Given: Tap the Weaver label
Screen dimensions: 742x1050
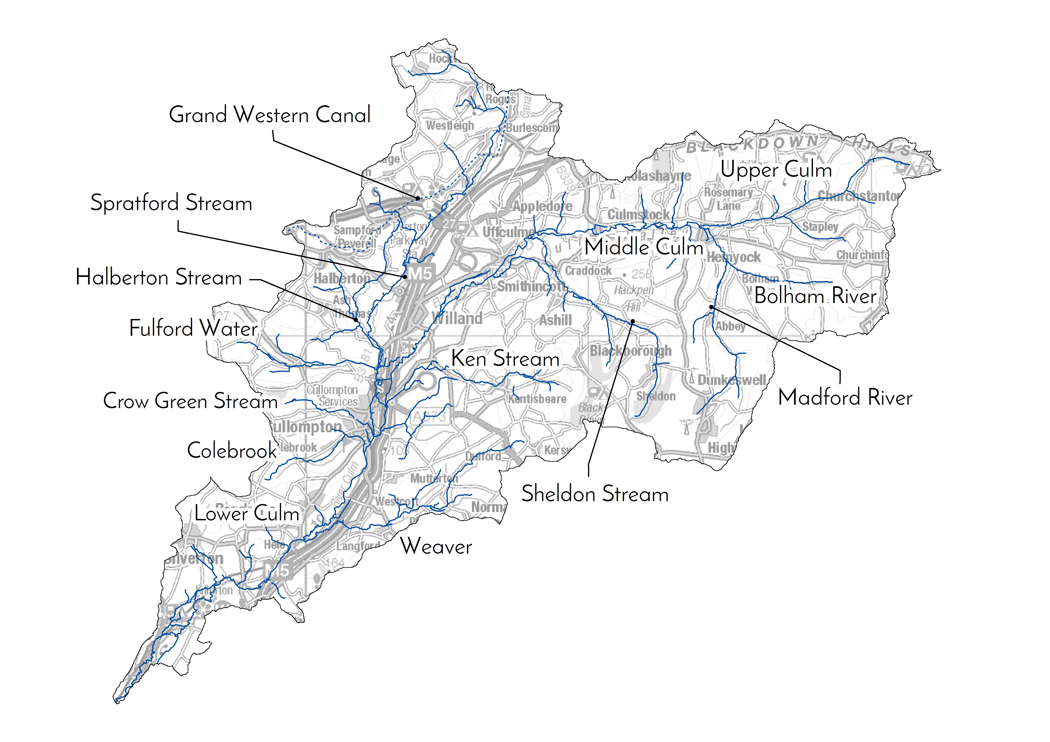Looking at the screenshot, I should (436, 546).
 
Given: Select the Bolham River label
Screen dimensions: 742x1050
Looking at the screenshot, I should (815, 296).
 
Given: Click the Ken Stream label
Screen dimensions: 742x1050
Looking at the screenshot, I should (505, 358).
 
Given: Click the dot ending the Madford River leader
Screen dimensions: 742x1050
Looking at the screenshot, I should (711, 307).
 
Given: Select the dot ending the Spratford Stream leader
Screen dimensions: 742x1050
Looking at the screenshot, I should (405, 277).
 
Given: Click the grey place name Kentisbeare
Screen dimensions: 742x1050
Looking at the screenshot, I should (537, 399).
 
